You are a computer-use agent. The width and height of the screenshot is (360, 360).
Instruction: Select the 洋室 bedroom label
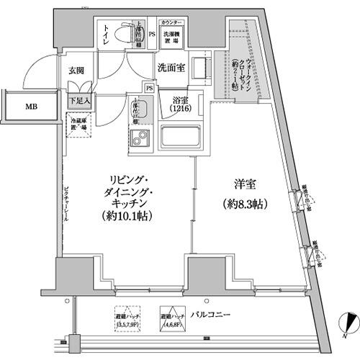click(246, 184)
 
